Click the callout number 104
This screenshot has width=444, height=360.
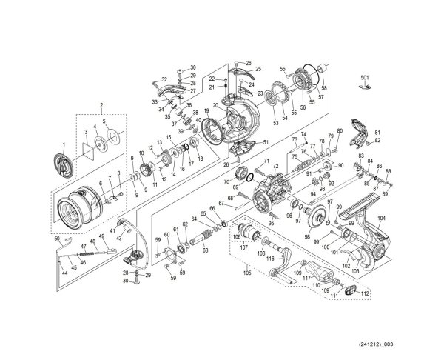pos(381,219)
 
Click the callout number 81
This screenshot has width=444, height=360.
pos(376,131)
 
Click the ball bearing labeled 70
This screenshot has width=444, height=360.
pos(240,174)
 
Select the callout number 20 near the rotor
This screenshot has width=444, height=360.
pos(215,106)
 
